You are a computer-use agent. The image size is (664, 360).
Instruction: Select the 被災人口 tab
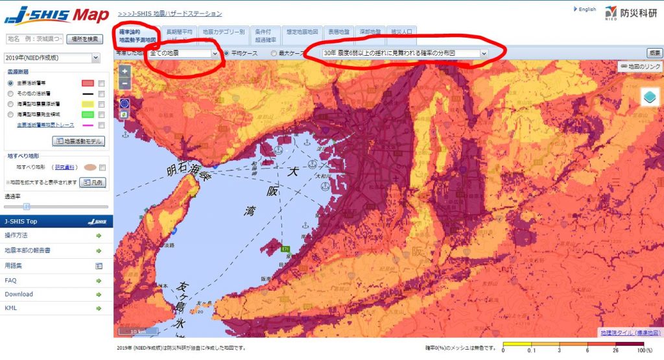[x=401, y=31]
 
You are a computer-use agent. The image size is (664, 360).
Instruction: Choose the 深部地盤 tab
[x=370, y=31]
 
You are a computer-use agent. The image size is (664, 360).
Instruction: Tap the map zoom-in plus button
[x=124, y=71]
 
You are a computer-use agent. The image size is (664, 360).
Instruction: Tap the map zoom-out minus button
[x=124, y=83]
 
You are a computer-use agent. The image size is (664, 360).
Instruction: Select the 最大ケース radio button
[x=274, y=53]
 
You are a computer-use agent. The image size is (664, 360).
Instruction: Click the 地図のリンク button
[x=640, y=66]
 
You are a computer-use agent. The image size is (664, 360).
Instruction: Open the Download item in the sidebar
[x=19, y=294]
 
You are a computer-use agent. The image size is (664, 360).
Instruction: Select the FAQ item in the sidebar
[x=10, y=280]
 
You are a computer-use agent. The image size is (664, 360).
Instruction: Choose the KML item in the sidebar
[x=10, y=307]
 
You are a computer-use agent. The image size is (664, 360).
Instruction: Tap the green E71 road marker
[x=285, y=248]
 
